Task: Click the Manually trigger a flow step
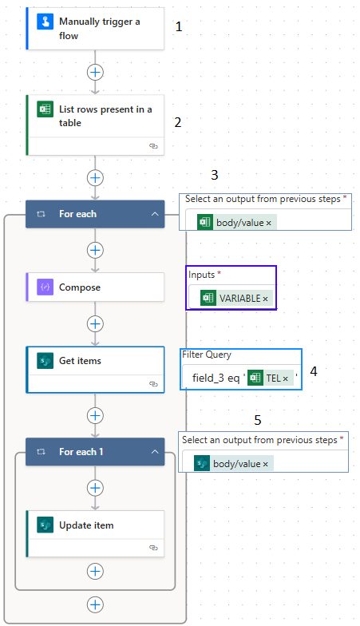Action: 95,29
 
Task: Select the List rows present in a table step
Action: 95,125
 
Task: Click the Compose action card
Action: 95,287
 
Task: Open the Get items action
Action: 95,370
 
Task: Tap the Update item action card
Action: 95,533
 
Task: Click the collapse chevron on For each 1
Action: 155,452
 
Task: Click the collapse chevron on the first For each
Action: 155,214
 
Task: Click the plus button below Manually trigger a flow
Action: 95,72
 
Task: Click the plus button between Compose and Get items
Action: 95,324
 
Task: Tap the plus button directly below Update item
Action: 95,572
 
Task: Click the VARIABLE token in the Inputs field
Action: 236,299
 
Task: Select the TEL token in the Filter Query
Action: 271,378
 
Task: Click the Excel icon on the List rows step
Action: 45,109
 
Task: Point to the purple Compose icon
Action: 45,287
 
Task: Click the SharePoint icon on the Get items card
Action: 45,361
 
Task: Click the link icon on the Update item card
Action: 153,548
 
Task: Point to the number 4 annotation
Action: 314,371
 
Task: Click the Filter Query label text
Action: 207,355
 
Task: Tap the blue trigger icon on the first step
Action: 45,22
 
